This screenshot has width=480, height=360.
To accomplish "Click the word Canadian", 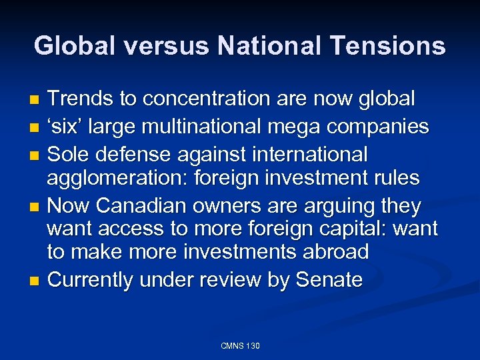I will (x=143, y=206).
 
